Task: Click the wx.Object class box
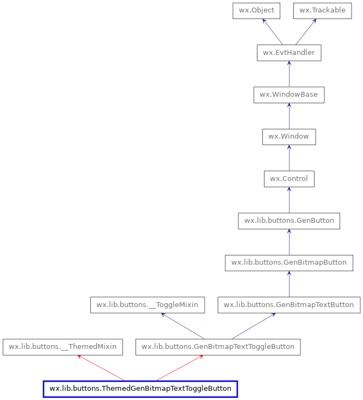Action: (256, 11)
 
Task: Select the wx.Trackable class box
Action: (322, 11)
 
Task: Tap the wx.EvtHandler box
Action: (289, 53)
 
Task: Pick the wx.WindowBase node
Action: (289, 95)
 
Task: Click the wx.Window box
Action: (289, 136)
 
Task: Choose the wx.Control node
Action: (289, 179)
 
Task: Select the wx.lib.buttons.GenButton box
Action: (289, 221)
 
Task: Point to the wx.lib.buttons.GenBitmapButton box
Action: (289, 262)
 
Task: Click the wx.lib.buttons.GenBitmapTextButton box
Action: (289, 305)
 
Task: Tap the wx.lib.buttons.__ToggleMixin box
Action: (147, 305)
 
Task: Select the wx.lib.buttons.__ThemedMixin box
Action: (63, 347)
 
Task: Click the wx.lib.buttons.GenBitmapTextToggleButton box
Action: (218, 347)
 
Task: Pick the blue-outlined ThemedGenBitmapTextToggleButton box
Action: (140, 389)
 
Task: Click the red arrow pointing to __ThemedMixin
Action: (101, 368)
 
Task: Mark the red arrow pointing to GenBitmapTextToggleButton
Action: (179, 368)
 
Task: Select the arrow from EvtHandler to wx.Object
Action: (273, 32)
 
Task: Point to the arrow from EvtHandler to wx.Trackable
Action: (306, 32)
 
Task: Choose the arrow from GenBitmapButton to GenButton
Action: (289, 242)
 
